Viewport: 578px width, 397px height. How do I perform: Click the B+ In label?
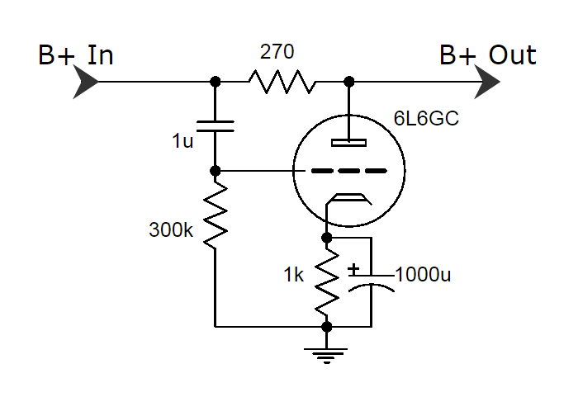pyautogui.click(x=75, y=55)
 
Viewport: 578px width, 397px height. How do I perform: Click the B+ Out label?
pyautogui.click(x=487, y=55)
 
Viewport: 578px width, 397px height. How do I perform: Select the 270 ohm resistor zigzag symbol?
pyautogui.click(x=282, y=82)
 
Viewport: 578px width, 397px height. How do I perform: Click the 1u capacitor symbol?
pyautogui.click(x=215, y=125)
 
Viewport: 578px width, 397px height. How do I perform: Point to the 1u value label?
pyautogui.click(x=182, y=141)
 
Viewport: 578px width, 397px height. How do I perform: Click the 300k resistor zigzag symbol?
pyautogui.click(x=215, y=215)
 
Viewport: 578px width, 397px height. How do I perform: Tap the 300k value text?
pyautogui.click(x=171, y=229)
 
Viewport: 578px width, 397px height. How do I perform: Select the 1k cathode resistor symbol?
pyautogui.click(x=327, y=281)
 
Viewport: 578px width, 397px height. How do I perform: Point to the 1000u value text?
pyautogui.click(x=424, y=274)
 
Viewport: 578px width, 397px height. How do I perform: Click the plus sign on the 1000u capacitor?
pyautogui.click(x=353, y=269)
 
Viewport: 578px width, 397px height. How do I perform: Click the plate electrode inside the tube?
pyautogui.click(x=348, y=142)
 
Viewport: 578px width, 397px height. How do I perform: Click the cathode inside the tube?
pyautogui.click(x=347, y=198)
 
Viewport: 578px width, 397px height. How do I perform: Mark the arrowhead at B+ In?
pyautogui.click(x=86, y=82)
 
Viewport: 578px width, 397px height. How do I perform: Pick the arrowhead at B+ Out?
pyautogui.click(x=487, y=82)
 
